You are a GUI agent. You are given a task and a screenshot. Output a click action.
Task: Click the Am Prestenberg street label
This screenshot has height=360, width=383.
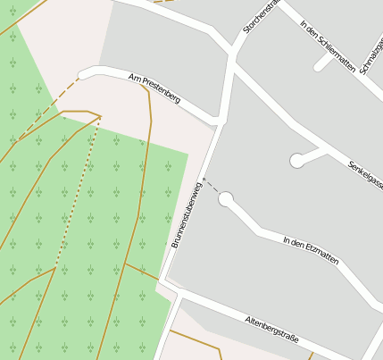(x=154, y=88)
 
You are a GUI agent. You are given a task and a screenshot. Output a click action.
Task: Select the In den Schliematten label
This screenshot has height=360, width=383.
(x=329, y=46)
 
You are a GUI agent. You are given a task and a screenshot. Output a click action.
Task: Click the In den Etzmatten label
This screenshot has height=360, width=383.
(x=311, y=248)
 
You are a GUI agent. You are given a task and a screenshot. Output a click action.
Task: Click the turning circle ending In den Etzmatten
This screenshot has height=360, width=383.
(x=226, y=198)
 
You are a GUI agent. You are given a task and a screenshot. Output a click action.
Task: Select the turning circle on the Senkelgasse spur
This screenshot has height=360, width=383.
(x=297, y=161)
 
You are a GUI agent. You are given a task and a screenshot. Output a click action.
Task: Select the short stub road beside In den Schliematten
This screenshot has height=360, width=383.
(x=322, y=63)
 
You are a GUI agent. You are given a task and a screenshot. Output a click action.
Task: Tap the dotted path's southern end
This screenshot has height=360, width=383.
(x=56, y=266)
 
